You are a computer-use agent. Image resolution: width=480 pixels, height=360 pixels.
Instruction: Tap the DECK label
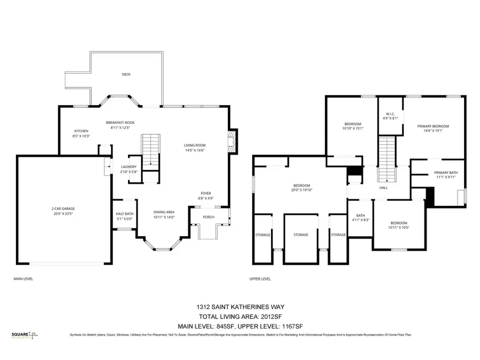pos(126,75)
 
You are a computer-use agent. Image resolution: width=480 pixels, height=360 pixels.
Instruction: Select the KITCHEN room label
pos(81,131)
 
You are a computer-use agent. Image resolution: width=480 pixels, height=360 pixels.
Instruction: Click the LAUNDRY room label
pos(129,166)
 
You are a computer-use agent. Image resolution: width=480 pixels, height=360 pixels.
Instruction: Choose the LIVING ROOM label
pos(195,145)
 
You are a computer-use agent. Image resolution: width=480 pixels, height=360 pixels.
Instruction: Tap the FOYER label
pos(206,194)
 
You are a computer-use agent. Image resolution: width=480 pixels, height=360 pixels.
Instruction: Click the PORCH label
pos(210,217)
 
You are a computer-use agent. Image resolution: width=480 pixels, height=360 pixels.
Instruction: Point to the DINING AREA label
pos(164,212)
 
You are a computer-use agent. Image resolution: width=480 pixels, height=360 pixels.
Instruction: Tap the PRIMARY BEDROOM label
pos(433,126)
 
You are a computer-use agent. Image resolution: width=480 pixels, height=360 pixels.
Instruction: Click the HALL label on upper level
pos(383,188)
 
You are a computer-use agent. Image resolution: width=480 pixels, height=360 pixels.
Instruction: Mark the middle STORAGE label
pos(301,235)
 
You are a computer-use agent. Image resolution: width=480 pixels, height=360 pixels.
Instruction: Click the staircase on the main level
pos(150,149)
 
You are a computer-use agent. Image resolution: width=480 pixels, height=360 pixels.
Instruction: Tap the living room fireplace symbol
pos(231,140)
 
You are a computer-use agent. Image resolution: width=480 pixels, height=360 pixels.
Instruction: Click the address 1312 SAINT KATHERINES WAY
pos(239,307)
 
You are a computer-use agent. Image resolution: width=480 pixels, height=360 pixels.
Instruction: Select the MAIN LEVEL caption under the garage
pos(23,278)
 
